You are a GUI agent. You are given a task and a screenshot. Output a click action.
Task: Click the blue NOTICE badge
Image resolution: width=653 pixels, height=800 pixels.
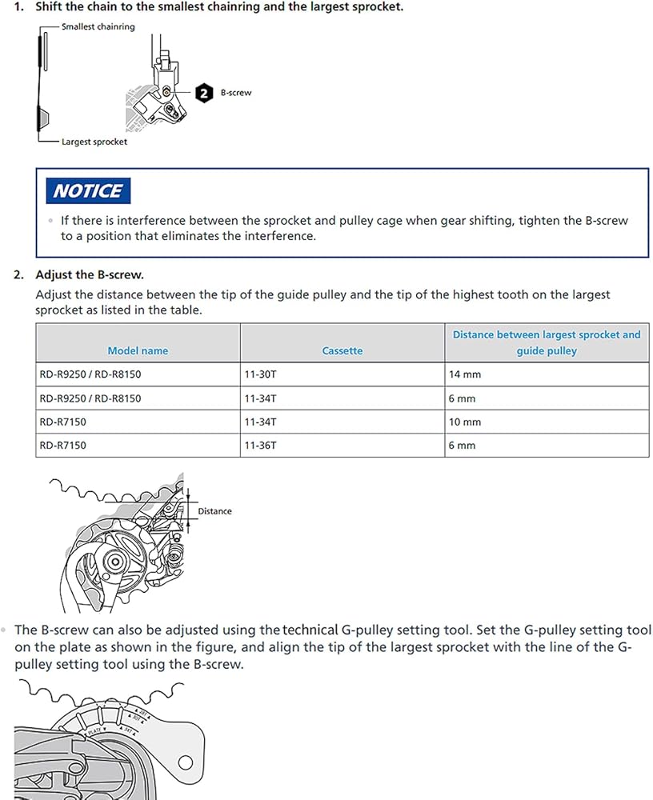tap(88, 191)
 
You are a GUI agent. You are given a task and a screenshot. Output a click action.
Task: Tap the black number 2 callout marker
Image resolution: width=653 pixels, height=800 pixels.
tap(204, 93)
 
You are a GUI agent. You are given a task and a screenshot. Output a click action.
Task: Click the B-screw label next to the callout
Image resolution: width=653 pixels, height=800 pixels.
tap(235, 93)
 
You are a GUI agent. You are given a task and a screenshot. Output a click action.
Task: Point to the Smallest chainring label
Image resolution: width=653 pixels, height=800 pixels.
tap(98, 26)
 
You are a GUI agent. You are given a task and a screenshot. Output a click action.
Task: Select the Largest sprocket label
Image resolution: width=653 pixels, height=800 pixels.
tap(94, 142)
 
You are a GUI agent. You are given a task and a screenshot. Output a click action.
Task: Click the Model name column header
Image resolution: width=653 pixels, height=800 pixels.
tap(138, 350)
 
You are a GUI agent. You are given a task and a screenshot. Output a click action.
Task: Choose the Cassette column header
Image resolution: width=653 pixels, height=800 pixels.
tap(343, 350)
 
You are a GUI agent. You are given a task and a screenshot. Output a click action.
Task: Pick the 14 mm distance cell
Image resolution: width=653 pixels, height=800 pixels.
tap(465, 374)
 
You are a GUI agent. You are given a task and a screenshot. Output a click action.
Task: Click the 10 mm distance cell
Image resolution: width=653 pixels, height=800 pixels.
tap(465, 422)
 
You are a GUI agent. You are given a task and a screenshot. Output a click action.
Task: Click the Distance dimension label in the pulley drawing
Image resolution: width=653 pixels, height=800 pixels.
tap(214, 511)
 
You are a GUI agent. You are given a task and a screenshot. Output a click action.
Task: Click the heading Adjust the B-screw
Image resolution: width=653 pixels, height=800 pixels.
tap(90, 274)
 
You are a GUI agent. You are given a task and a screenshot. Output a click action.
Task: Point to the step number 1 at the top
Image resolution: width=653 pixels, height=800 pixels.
tap(18, 6)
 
